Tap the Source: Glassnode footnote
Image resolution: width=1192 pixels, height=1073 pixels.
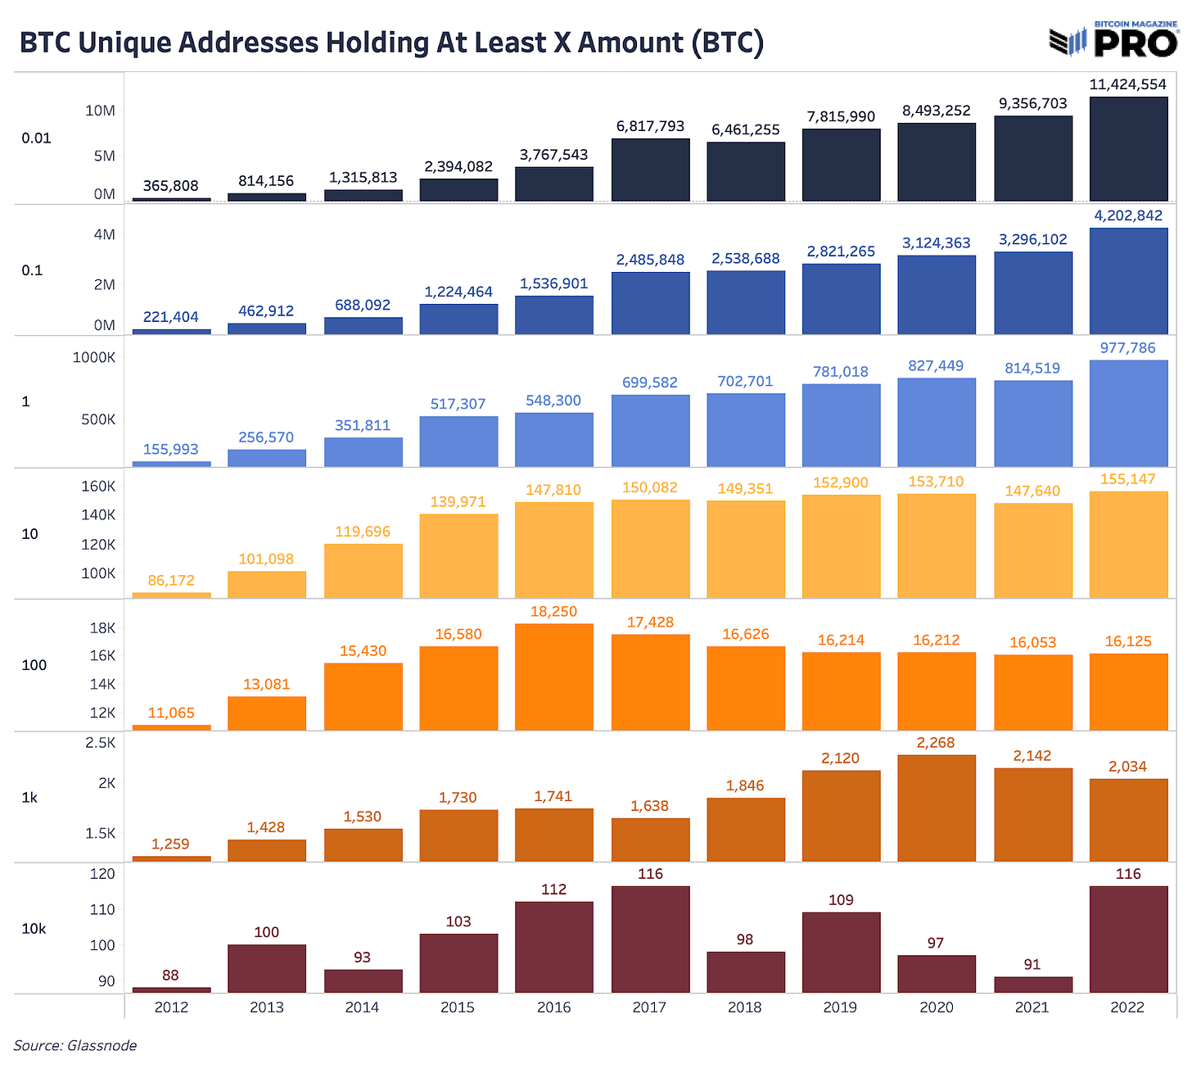point(75,1045)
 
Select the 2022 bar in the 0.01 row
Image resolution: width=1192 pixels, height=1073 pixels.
point(1128,149)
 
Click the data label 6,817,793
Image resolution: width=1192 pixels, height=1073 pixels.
point(650,126)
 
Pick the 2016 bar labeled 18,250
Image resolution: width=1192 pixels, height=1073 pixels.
point(554,677)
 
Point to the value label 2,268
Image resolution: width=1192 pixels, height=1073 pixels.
point(937,742)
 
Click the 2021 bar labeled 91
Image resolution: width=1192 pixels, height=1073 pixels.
point(1033,985)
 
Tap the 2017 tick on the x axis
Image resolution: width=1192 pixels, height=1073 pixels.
point(649,1007)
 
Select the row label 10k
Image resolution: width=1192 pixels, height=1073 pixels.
point(34,929)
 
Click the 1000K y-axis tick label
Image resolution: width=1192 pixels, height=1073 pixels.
point(94,357)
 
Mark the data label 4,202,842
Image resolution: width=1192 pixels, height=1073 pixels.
point(1128,215)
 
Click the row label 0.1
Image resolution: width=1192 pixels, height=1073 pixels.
point(32,270)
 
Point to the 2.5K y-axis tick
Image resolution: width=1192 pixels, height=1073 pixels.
point(101,743)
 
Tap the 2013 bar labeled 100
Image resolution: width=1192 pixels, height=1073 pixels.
point(267,968)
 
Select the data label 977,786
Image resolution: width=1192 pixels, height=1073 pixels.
point(1128,348)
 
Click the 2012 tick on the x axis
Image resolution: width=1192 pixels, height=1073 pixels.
point(171,1007)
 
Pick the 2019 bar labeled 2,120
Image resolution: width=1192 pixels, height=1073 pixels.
point(841,816)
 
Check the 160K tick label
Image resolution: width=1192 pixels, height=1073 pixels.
point(98,486)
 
